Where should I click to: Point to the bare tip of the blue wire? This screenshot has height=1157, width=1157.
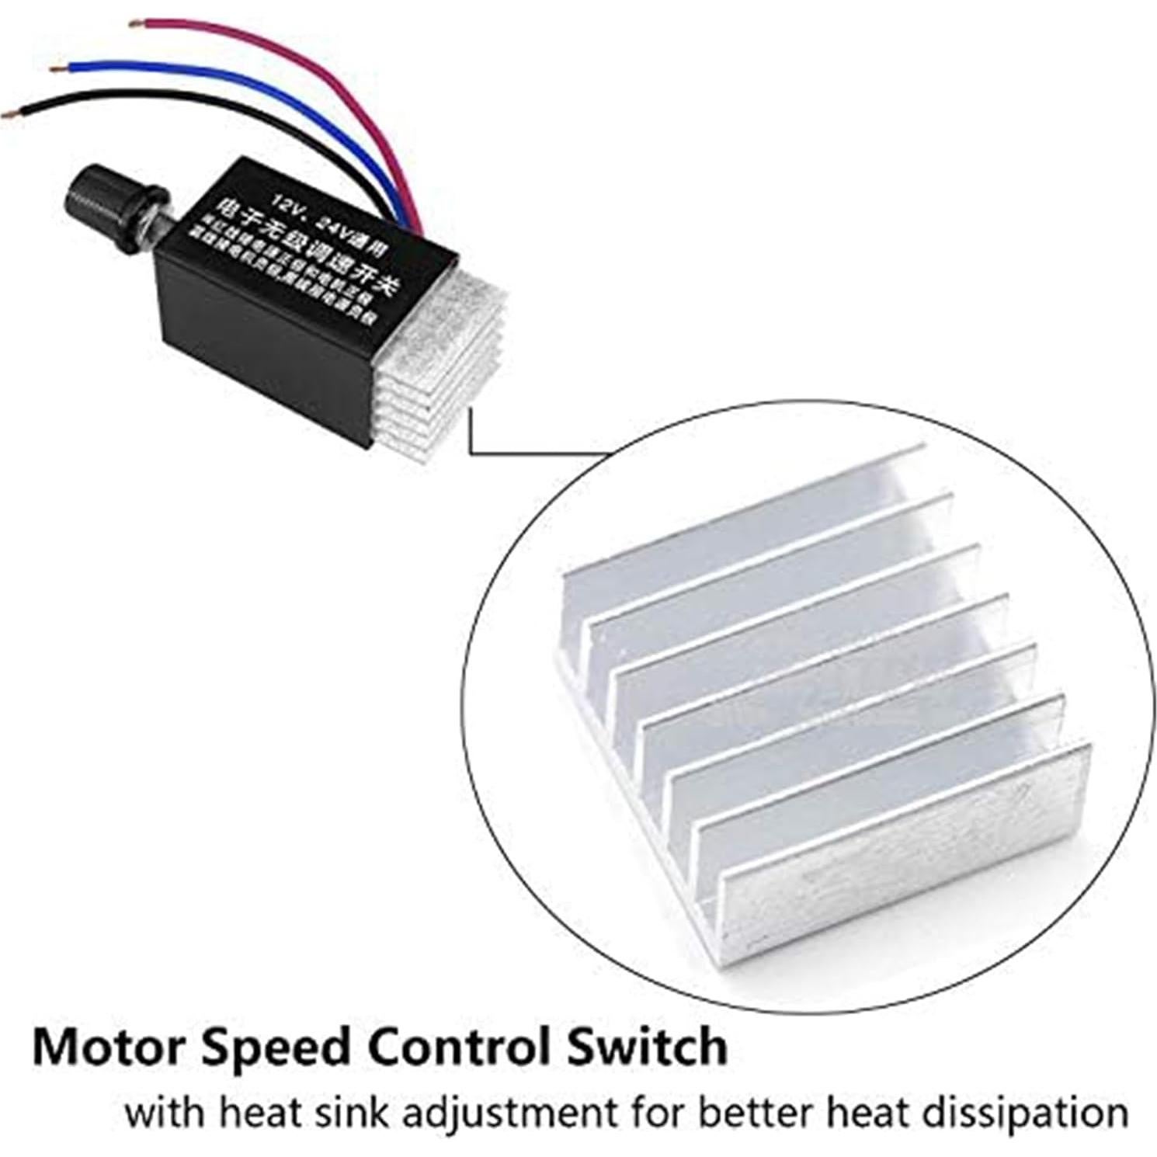(x=54, y=70)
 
